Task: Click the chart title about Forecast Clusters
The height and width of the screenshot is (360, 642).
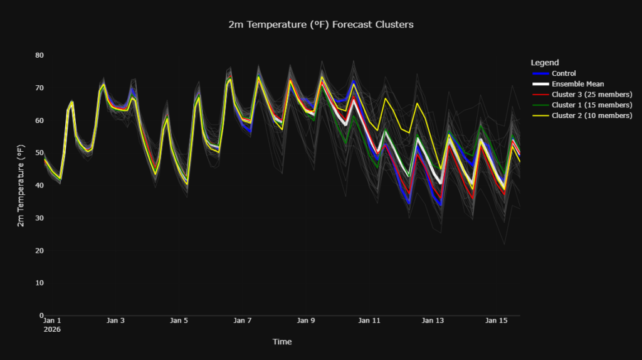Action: [321, 24]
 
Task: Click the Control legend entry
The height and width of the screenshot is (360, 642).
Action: [564, 73]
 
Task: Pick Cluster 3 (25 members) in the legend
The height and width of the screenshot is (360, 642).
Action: [592, 95]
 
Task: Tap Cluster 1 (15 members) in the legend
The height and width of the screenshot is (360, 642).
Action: [592, 105]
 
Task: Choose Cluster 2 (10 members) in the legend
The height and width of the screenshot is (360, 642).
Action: [592, 115]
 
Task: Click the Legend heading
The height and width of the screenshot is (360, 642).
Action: [545, 63]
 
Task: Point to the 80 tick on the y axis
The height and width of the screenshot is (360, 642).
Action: [39, 55]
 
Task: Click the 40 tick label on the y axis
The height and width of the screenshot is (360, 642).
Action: [39, 186]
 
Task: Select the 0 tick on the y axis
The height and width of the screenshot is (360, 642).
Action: [41, 315]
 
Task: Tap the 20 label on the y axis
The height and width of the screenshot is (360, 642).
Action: [39, 251]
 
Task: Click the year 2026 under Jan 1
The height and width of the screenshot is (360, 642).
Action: [52, 329]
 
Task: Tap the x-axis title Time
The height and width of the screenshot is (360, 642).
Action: [282, 342]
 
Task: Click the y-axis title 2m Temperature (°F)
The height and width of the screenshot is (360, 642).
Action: [21, 185]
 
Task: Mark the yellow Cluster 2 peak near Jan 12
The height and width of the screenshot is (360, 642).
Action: [386, 98]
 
